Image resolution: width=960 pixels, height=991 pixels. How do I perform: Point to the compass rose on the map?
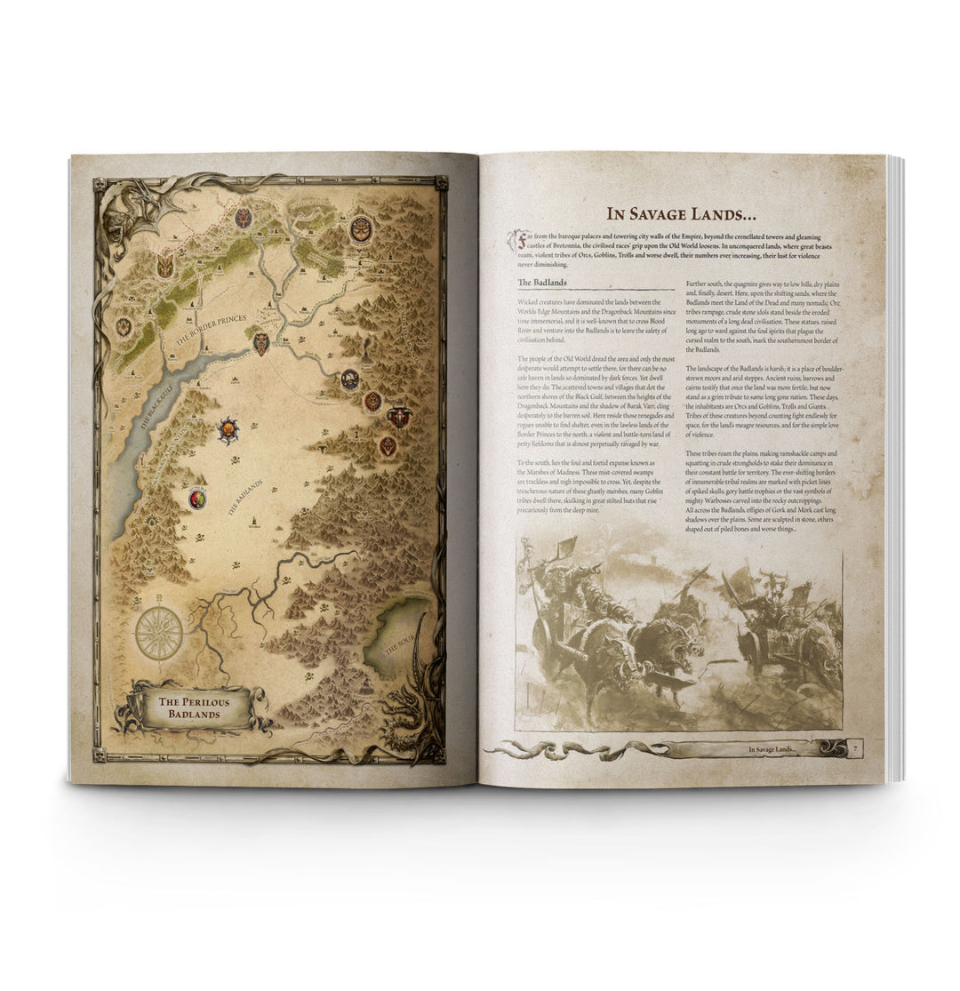[158, 634]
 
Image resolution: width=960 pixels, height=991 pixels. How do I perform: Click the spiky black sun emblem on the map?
[228, 431]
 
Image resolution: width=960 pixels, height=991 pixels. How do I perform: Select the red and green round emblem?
[197, 499]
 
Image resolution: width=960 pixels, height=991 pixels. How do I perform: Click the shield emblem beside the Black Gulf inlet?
[260, 342]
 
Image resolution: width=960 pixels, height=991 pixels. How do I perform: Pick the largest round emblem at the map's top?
[361, 229]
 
